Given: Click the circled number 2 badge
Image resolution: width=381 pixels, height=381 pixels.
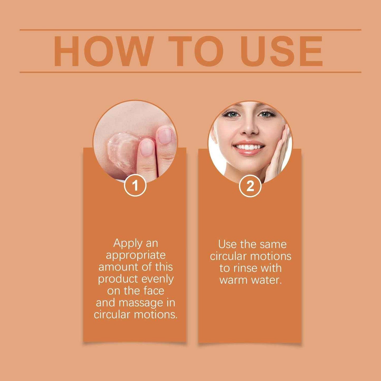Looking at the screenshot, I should [x=250, y=186].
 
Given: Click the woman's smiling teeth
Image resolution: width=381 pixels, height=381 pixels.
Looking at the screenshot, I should [x=249, y=147].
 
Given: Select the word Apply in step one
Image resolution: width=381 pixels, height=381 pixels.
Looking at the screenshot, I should [x=125, y=243].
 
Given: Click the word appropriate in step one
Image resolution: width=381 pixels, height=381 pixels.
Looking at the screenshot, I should [x=136, y=255].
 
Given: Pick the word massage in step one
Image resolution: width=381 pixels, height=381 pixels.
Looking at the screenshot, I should [x=141, y=303].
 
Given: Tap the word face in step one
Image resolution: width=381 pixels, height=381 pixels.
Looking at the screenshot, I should [x=154, y=291].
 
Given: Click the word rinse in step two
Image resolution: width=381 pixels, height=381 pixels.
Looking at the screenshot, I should [x=245, y=268].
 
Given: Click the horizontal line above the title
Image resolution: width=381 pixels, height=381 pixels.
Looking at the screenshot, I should [x=190, y=30].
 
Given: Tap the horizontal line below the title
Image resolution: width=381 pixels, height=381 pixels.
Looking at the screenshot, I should [x=190, y=72].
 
